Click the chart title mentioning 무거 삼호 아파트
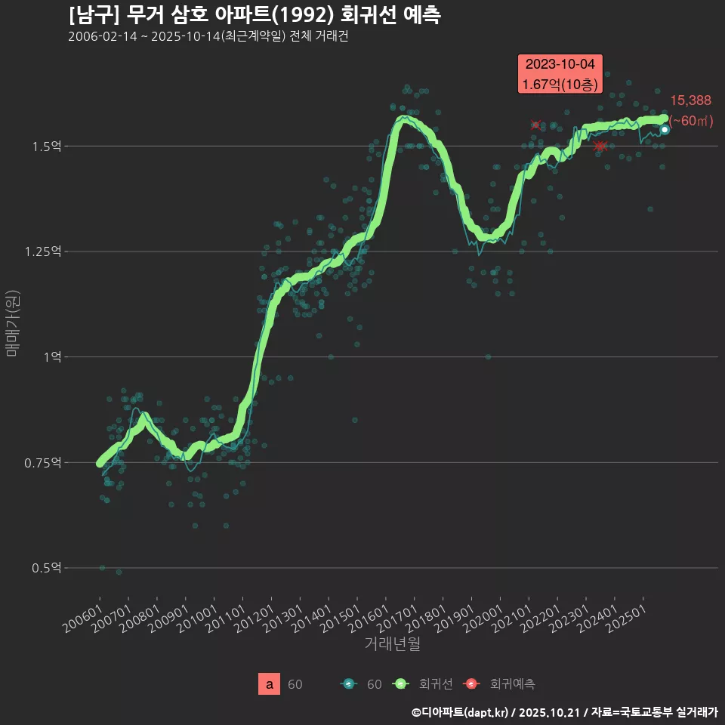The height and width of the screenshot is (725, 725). tap(255, 14)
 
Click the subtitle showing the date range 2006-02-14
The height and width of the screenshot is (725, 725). tap(208, 37)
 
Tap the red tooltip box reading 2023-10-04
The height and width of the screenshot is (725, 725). tap(560, 74)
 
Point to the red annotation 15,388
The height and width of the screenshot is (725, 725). tap(690, 100)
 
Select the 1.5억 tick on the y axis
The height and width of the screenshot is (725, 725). tap(47, 146)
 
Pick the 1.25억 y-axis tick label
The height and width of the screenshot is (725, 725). tap(44, 251)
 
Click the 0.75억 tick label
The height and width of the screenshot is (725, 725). tap(44, 462)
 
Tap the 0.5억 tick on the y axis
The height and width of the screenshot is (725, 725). tap(47, 567)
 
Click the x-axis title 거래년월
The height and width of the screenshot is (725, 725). tap(392, 644)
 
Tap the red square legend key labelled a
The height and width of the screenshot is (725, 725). tap(270, 684)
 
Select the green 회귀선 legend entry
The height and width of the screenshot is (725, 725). tap(423, 684)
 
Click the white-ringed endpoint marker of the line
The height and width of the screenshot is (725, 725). tap(665, 130)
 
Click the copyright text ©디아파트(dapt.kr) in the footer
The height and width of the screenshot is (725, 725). tap(461, 712)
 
